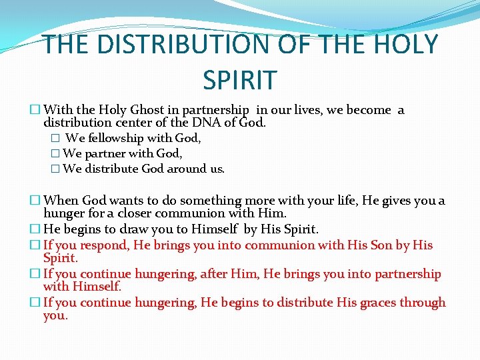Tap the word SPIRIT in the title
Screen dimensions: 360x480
click(x=239, y=79)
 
